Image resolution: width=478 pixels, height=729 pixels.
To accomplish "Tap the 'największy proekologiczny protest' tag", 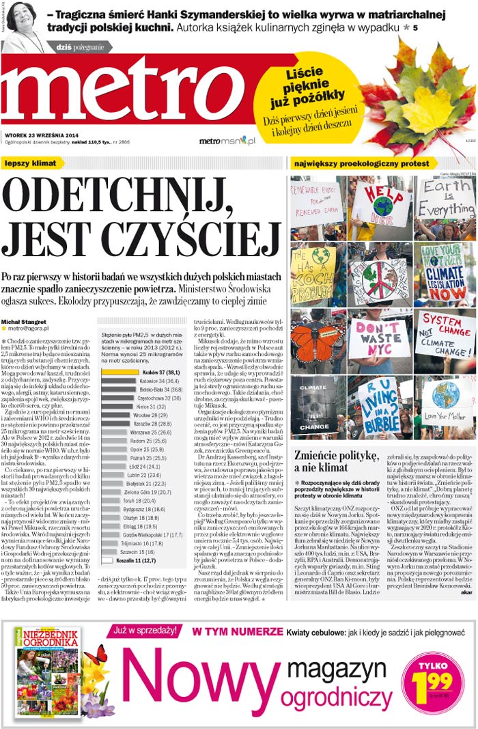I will point(362,163).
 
